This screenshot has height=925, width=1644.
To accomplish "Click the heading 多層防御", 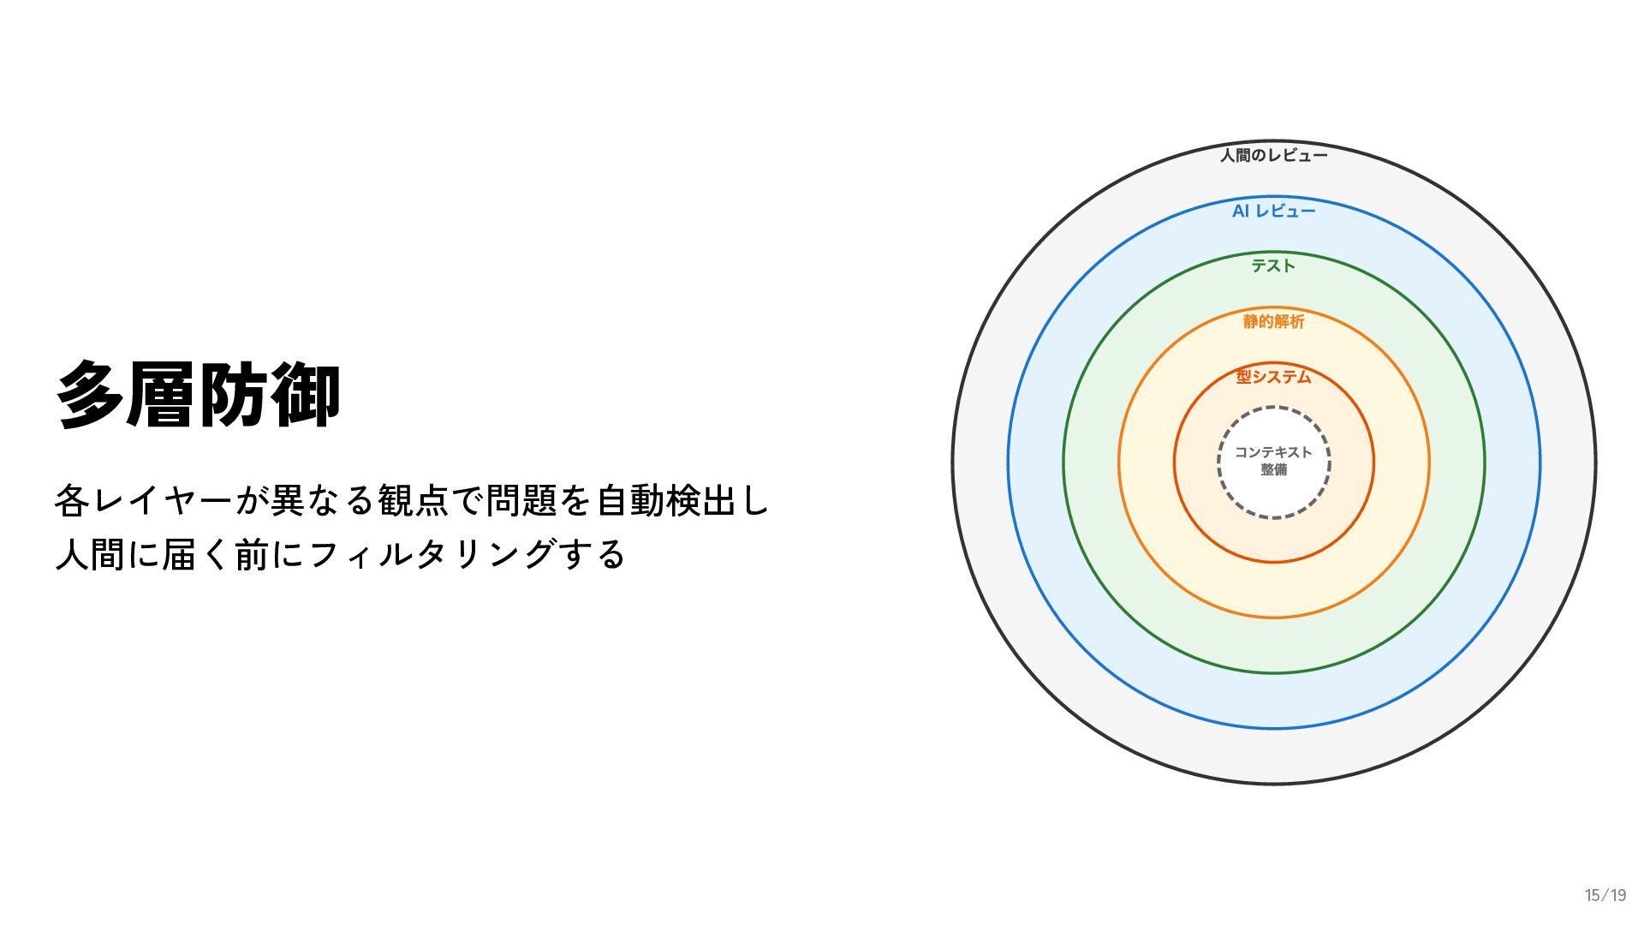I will (199, 395).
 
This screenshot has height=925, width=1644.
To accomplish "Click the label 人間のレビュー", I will (1273, 155).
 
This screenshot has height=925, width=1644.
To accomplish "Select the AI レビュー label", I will (1273, 211).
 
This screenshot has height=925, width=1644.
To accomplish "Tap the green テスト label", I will (1273, 266).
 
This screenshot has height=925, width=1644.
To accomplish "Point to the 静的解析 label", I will (1273, 321).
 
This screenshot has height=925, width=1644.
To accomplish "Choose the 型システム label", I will (1273, 377).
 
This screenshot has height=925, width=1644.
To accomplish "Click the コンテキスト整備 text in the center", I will (1273, 461).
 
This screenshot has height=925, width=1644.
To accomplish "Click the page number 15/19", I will (1605, 895).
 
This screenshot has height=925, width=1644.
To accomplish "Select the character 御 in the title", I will (306, 395).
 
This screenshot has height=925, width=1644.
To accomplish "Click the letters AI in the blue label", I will (1241, 211).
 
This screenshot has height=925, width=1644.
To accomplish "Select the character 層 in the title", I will (163, 395).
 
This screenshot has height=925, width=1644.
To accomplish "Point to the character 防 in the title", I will (234, 395).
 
